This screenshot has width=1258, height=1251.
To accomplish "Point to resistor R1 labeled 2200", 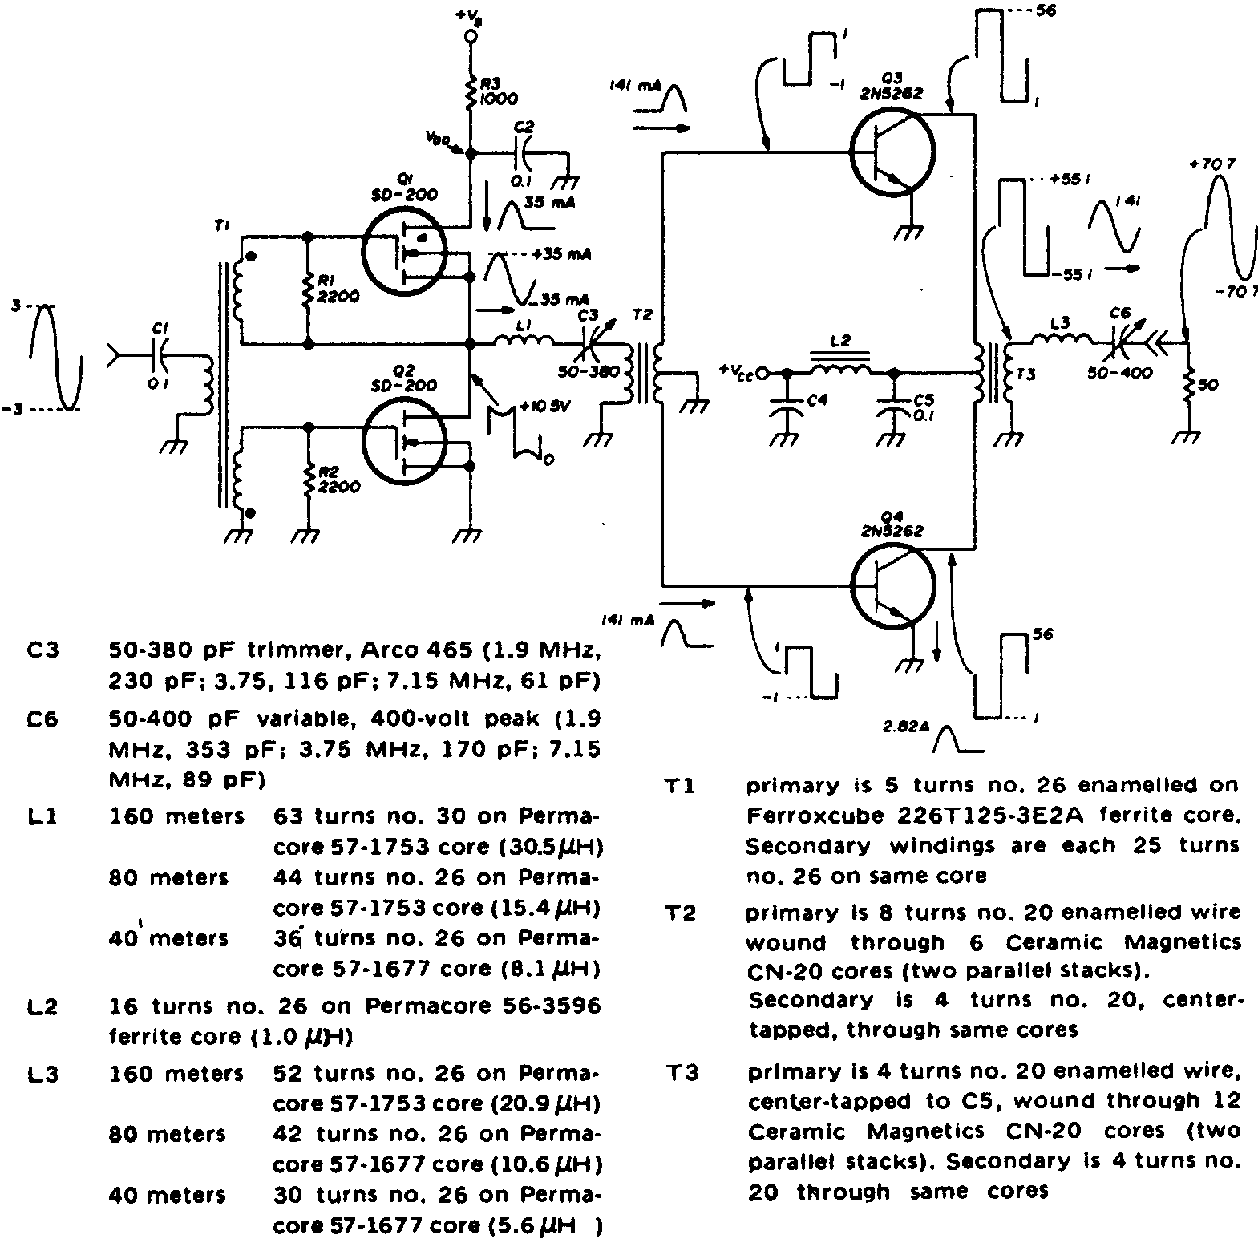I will click(308, 290).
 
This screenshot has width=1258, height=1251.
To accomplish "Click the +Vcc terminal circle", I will click(762, 373).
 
